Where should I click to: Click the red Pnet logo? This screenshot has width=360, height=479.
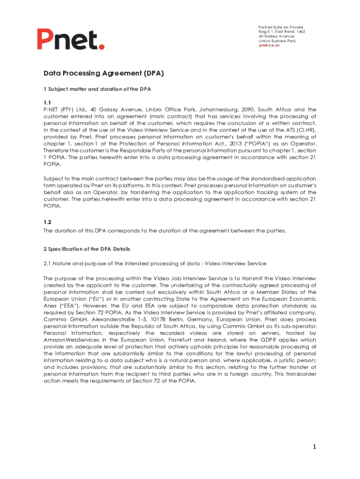[71, 39]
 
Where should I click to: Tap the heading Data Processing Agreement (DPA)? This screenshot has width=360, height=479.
[103, 73]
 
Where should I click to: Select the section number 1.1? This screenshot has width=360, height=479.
[47, 103]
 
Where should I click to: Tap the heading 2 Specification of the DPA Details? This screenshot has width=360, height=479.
[87, 249]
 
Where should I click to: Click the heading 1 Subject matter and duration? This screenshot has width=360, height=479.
[97, 89]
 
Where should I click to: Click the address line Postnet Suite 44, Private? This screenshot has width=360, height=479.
[281, 27]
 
